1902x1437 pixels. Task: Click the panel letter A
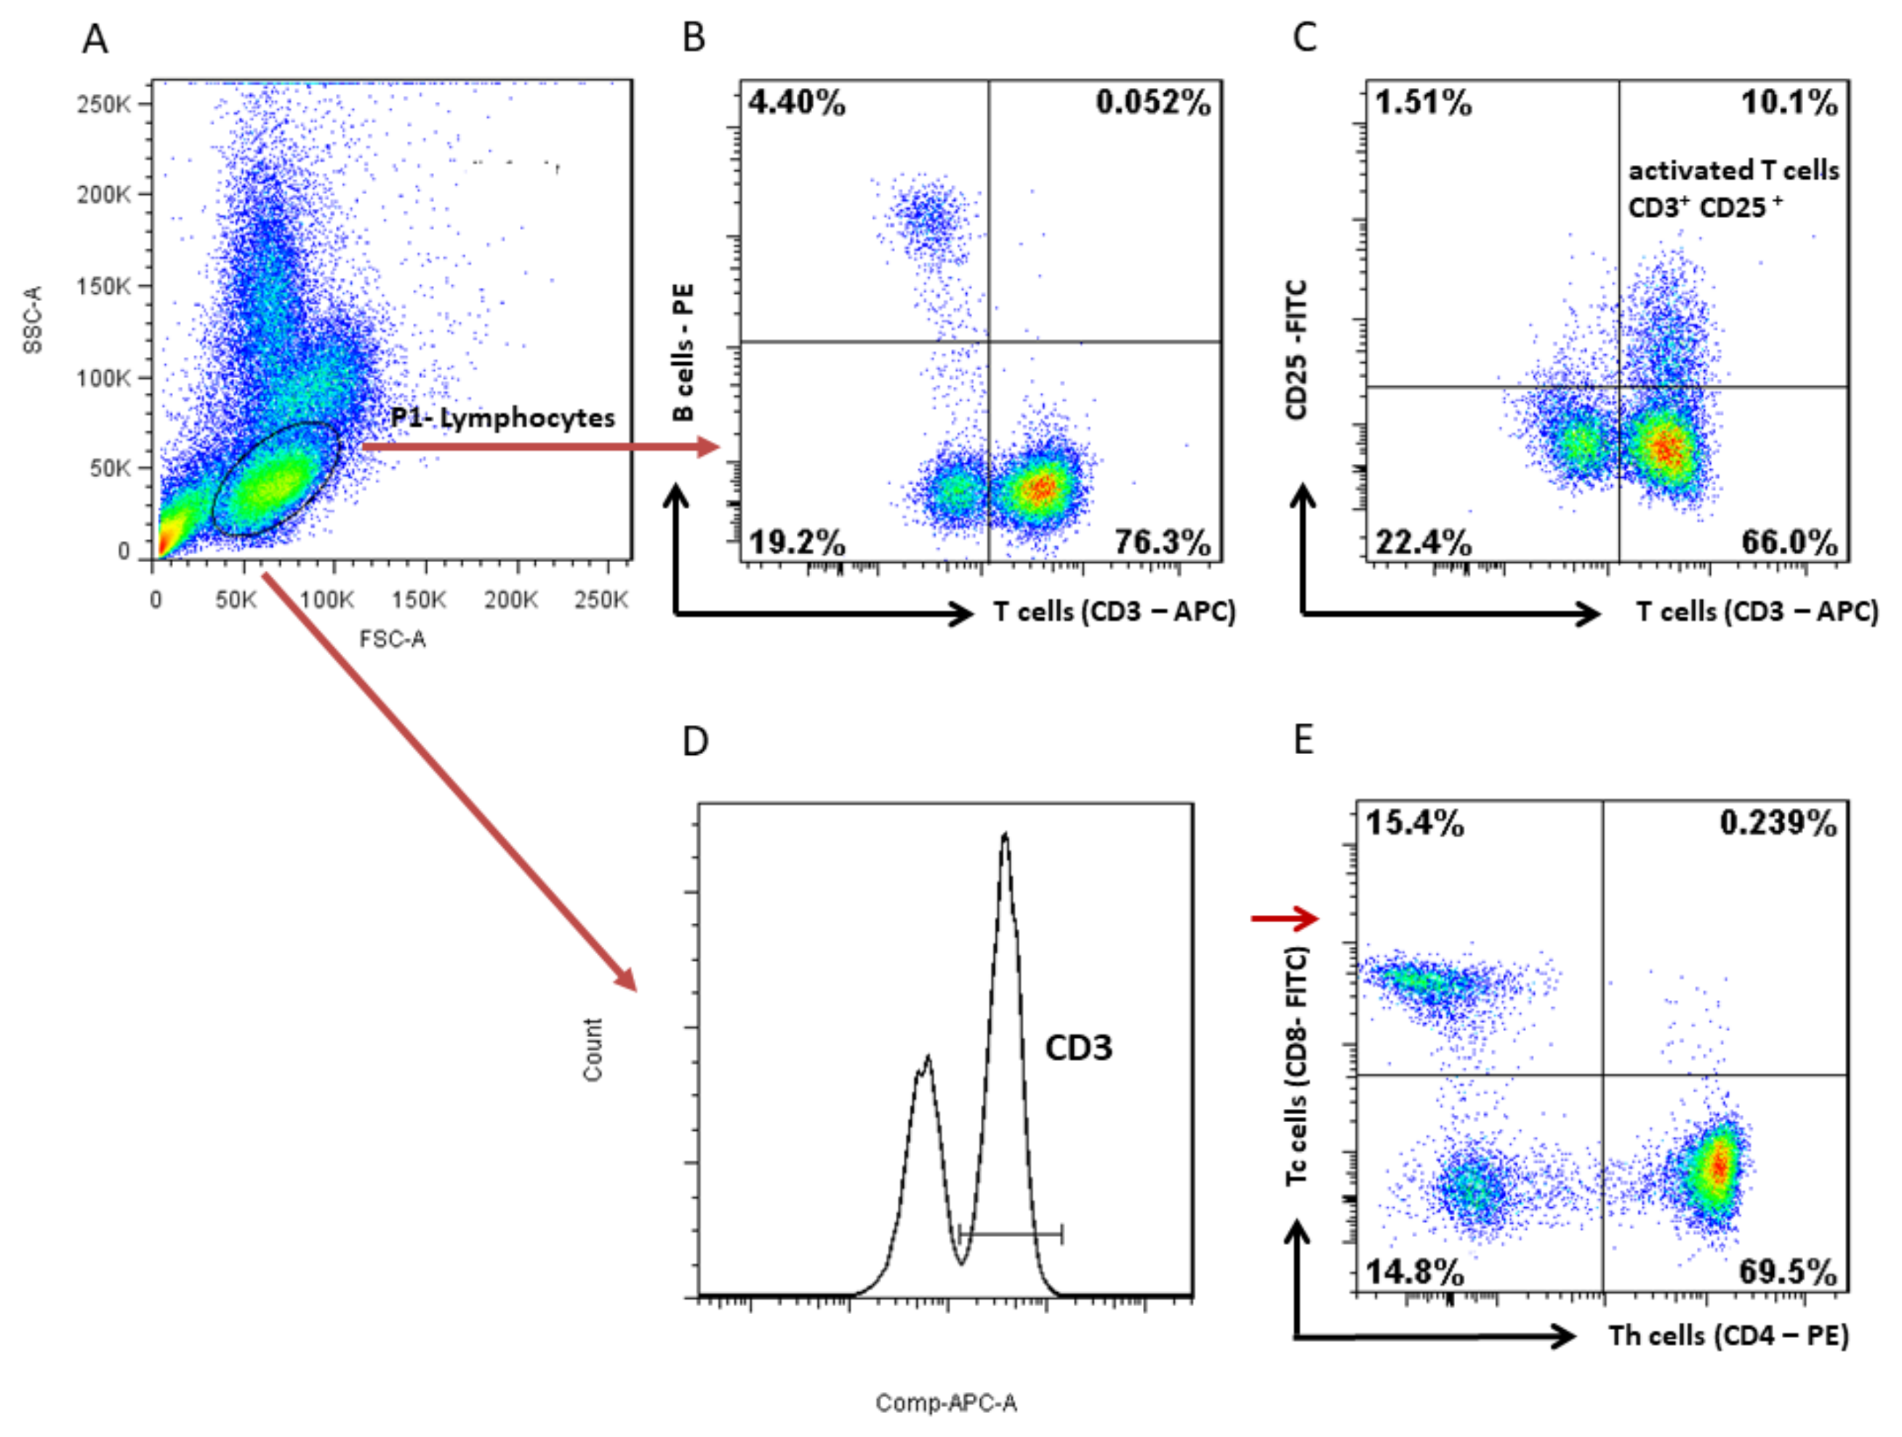[x=95, y=39]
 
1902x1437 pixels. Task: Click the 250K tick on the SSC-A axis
[x=104, y=104]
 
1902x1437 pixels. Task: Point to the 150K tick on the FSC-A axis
[x=419, y=599]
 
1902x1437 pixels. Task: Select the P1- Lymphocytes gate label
[x=503, y=418]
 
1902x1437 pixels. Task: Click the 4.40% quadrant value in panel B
[x=796, y=103]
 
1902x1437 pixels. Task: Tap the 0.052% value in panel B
[x=1152, y=103]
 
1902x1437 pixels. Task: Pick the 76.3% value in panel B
[x=1163, y=543]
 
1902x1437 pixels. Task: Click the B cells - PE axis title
[x=683, y=353]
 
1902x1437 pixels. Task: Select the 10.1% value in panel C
[x=1789, y=103]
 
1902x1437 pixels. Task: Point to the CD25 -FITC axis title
[x=1296, y=349]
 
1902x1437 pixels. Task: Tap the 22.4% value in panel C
[x=1423, y=543]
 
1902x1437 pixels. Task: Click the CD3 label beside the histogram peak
[x=1078, y=1047]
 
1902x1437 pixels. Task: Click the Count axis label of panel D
[x=593, y=1049]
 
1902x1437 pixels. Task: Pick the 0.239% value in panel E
[x=1778, y=823]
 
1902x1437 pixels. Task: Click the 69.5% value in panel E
[x=1788, y=1271]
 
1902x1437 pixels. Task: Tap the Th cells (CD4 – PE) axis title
[x=1728, y=1335]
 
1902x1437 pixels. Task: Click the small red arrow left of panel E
[x=1284, y=918]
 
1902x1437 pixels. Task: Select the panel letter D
[x=695, y=740]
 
